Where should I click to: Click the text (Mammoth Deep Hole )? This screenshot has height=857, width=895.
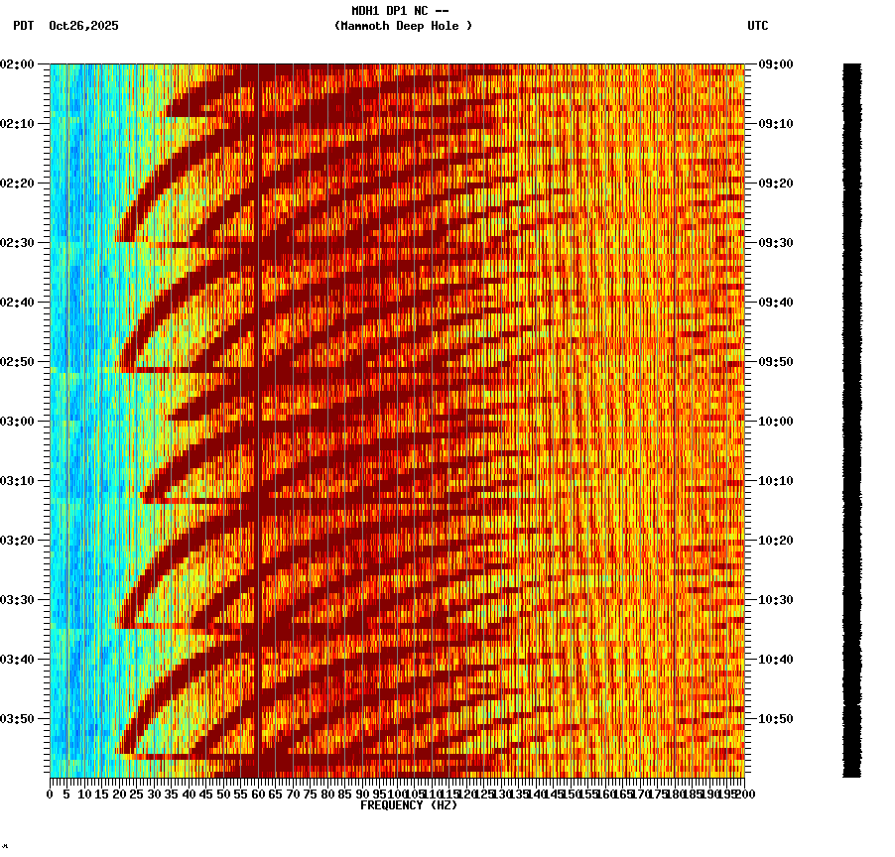coord(403,26)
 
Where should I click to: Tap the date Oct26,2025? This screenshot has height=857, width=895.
coord(83,26)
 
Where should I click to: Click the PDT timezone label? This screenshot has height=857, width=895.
coord(23,26)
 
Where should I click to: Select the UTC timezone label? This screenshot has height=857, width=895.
coord(757,26)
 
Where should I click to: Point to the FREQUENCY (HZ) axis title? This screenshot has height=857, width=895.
coord(409,805)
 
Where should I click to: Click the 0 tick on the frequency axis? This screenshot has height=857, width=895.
coord(51,794)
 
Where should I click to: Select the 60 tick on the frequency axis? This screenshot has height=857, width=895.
coord(258,794)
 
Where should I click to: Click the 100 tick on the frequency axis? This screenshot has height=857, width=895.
coord(397,794)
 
